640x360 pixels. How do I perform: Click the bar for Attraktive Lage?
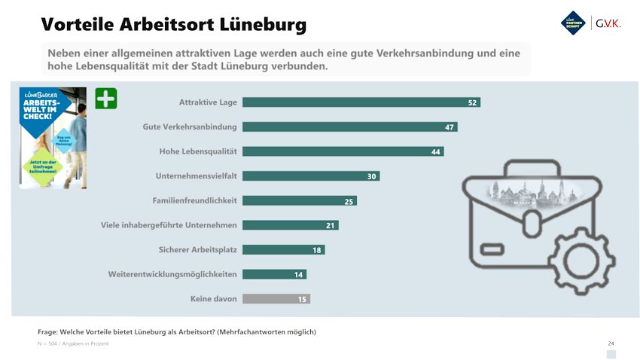(361, 102)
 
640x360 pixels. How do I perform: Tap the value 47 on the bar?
(450, 127)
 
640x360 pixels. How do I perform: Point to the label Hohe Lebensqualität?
(198, 151)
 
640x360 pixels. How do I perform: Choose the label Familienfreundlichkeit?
(195, 200)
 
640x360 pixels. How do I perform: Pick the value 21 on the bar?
(330, 225)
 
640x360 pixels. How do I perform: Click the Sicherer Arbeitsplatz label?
(197, 249)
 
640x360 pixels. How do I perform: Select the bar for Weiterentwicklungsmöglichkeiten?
(275, 274)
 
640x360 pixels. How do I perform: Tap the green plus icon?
(106, 99)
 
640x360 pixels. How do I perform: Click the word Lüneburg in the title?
(262, 24)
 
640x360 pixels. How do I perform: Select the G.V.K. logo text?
(608, 23)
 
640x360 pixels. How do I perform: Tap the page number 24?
(611, 343)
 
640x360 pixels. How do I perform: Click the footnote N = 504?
(50, 343)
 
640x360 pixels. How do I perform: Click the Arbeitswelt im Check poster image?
(53, 137)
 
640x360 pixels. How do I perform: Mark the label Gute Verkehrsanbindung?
(190, 127)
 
